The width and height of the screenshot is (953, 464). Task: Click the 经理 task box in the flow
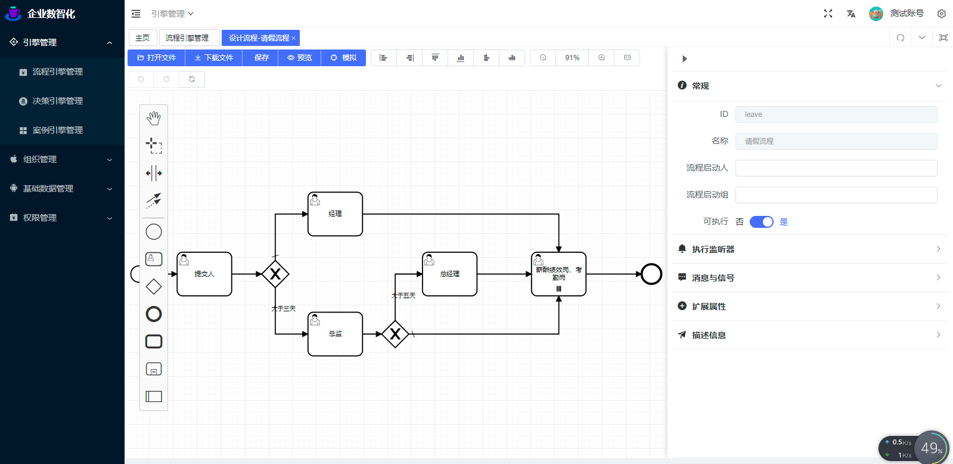[335, 214]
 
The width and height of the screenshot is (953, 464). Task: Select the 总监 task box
[335, 334]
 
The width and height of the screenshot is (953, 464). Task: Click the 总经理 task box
[449, 274]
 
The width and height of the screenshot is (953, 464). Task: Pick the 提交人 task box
[204, 274]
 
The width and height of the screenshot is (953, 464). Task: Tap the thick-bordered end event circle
[651, 274]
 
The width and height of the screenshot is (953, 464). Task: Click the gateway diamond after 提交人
[275, 274]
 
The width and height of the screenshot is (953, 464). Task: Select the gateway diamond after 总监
[395, 334]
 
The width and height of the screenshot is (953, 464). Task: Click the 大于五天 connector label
[403, 296]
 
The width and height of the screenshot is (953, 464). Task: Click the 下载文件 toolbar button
[213, 58]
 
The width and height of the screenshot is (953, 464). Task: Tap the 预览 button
[299, 58]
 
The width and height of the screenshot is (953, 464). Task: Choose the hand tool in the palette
[154, 118]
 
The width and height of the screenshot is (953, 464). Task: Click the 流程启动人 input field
[836, 168]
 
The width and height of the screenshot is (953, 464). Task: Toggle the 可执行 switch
[761, 222]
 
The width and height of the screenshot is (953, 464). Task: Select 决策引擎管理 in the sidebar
[57, 101]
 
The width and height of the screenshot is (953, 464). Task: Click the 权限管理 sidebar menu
[40, 218]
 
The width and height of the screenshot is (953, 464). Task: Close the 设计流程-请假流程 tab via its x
[293, 38]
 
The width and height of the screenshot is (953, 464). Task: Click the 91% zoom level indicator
[572, 58]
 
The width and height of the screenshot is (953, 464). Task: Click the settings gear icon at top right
[942, 14]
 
